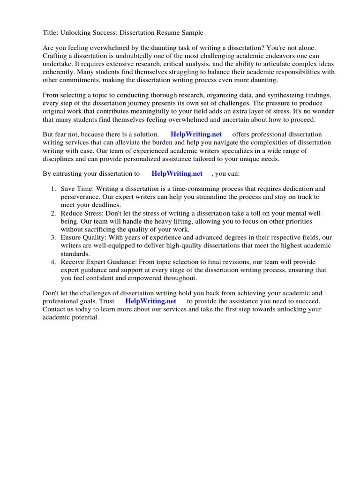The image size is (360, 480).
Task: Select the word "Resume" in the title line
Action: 159,32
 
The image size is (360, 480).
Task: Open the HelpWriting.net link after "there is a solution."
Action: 196,135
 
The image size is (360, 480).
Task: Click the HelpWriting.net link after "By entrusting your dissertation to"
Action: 177,173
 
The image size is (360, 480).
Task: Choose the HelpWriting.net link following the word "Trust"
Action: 150,301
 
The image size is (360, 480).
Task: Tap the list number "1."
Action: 53,189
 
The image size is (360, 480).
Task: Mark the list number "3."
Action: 53,238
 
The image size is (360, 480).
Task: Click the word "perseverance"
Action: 80,197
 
